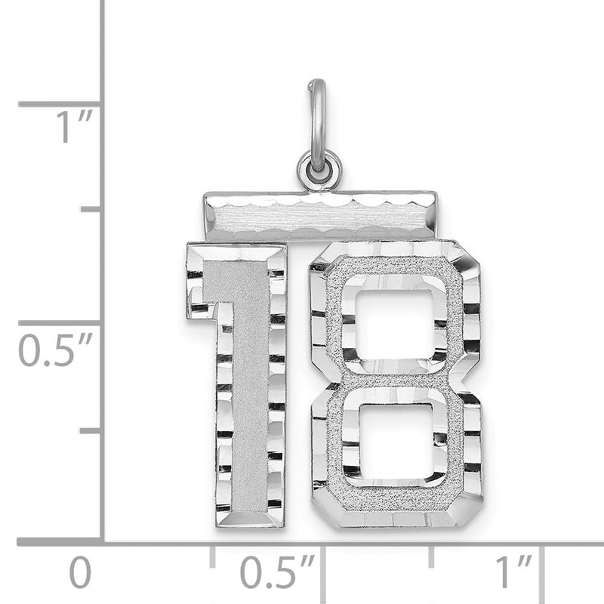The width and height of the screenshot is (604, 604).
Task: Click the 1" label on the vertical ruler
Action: pos(74,126)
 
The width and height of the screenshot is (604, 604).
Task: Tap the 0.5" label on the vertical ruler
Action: pos(56,350)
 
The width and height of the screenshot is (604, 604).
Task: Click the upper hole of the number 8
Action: pos(395,325)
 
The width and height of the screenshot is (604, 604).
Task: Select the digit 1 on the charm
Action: pos(237,384)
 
